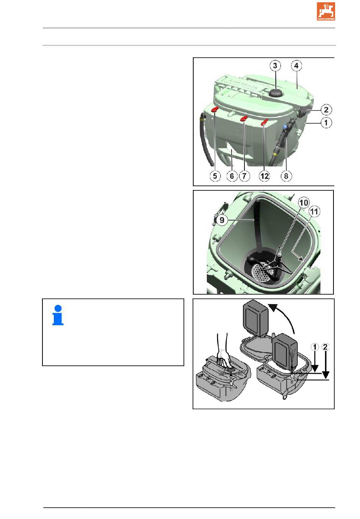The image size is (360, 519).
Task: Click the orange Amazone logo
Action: point(326,11)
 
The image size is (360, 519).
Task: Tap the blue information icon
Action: point(58,315)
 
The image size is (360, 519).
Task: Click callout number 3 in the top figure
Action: point(275,66)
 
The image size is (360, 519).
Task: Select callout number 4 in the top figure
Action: point(296,66)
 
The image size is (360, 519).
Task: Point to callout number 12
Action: point(265,176)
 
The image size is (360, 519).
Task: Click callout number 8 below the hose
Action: point(286,176)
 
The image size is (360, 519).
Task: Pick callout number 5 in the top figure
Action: point(215,176)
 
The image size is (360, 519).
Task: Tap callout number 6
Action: point(232,176)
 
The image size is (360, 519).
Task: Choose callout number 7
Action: point(244,176)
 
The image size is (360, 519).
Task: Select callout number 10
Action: point(304,203)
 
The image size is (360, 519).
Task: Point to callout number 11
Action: point(315,212)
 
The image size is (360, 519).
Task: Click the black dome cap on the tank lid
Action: point(275,93)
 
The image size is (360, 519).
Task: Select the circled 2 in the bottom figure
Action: point(325,347)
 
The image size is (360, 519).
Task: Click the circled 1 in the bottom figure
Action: point(315,347)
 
